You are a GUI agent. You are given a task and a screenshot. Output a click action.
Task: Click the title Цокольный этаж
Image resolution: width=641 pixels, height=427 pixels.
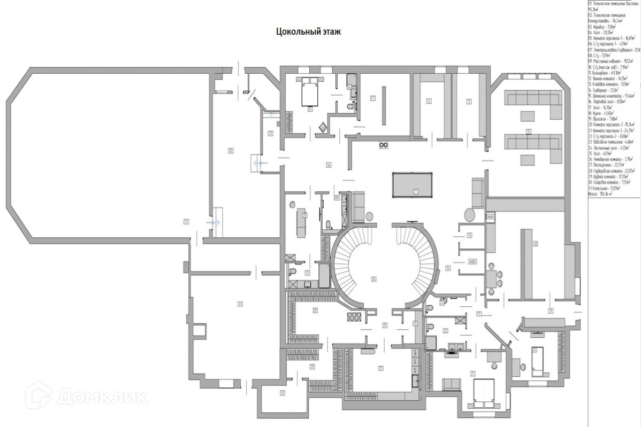click(x=308, y=32)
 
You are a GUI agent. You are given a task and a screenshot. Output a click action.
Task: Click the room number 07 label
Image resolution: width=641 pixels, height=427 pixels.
click(x=372, y=98)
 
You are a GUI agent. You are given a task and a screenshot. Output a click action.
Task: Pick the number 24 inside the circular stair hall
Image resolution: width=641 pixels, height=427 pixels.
click(x=374, y=278)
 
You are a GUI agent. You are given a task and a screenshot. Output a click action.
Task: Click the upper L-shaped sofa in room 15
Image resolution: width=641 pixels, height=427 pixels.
click(x=532, y=100)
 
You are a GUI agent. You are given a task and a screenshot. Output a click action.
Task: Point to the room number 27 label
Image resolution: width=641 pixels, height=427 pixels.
click(x=381, y=368)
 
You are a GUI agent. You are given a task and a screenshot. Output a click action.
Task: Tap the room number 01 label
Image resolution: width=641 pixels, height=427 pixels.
click(x=186, y=221)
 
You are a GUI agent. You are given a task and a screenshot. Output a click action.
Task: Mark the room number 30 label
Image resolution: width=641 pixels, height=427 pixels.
click(x=282, y=393)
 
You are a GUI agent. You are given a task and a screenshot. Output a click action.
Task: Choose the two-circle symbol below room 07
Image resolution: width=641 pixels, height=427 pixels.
click(x=383, y=144)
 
